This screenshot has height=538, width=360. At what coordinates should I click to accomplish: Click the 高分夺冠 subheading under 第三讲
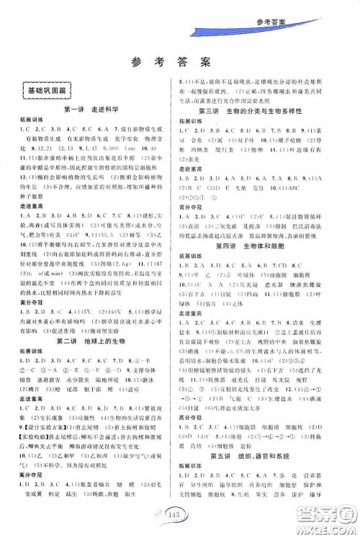pos(191,206)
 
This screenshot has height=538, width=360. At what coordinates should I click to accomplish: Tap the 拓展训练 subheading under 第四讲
pos(191,255)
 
